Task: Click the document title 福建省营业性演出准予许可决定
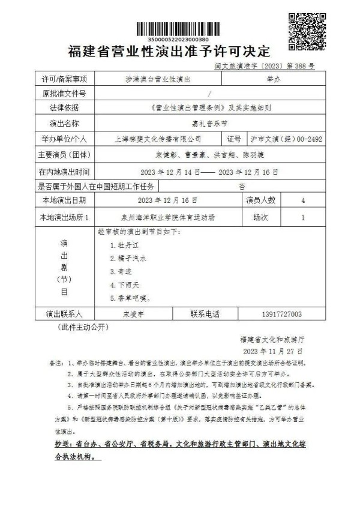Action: (x=170, y=51)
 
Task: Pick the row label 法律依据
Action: (x=64, y=108)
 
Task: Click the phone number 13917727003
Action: (x=282, y=314)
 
